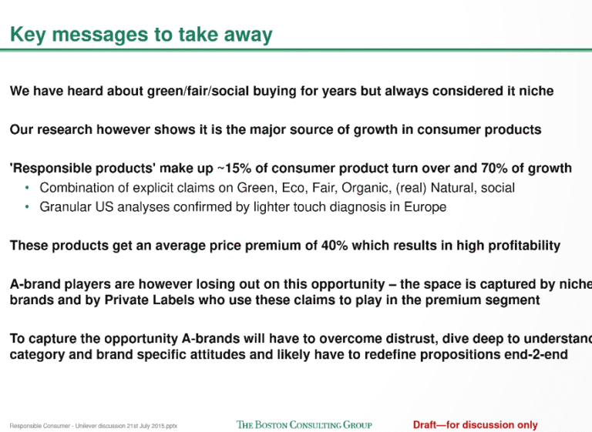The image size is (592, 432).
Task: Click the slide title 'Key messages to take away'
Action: point(141,35)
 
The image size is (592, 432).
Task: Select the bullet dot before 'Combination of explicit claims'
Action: point(26,187)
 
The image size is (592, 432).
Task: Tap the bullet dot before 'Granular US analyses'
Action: point(26,206)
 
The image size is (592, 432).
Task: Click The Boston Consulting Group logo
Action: point(304,425)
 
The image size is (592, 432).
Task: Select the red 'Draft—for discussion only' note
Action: point(475,425)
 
